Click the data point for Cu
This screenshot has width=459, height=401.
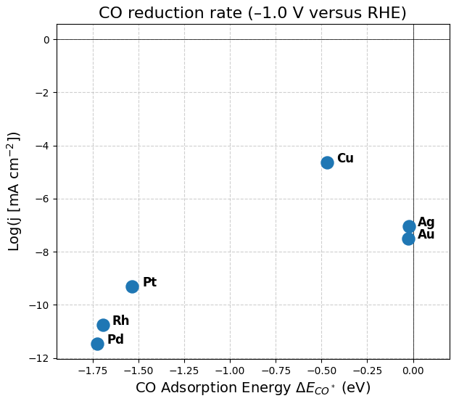[x=327, y=162]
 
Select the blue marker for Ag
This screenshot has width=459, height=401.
[x=409, y=226]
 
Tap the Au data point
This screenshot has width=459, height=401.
[x=408, y=239]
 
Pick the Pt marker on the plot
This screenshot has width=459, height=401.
[x=132, y=286]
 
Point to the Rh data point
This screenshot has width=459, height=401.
[x=103, y=325]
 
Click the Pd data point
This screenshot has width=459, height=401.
[x=97, y=344]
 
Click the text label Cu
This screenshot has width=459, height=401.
[x=345, y=159]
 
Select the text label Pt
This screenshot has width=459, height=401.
[x=149, y=283]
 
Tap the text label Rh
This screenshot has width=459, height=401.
[x=120, y=321]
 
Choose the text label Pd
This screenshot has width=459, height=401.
[x=115, y=340]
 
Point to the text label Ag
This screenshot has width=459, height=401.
[x=426, y=223]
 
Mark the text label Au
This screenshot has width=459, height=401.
[x=426, y=235]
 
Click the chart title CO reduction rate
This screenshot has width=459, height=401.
[x=252, y=13]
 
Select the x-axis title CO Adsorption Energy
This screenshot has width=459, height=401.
[x=252, y=389]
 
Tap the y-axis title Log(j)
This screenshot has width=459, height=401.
[x=15, y=191]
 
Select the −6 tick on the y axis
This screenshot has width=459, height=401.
[x=43, y=199]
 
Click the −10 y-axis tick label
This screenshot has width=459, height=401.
[x=41, y=305]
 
